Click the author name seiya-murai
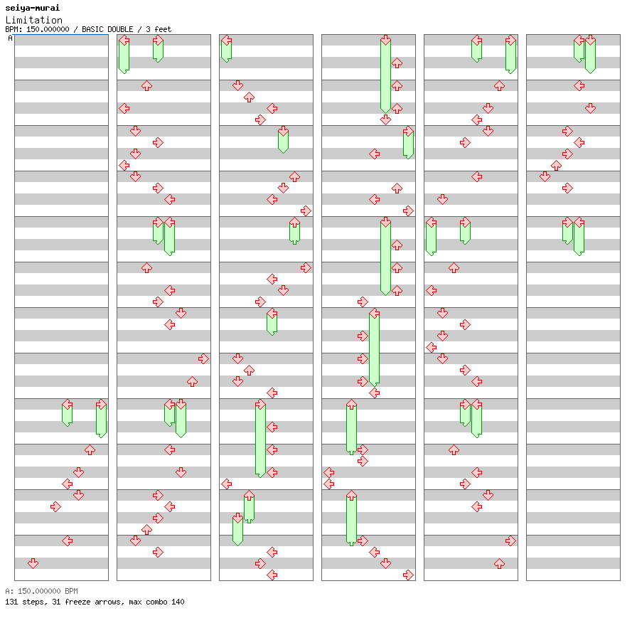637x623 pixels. tap(32, 8)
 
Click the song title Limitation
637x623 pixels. tap(33, 20)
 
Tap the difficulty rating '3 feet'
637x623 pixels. tap(159, 30)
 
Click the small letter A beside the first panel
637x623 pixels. tap(10, 38)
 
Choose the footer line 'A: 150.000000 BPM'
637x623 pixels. tap(41, 591)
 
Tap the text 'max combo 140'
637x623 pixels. tap(157, 602)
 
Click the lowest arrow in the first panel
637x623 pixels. tap(33, 563)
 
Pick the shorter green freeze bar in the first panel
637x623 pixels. tap(67, 413)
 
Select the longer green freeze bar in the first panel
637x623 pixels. tap(101, 419)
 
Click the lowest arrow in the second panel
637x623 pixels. tap(158, 552)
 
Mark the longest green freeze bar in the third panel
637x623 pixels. tap(260, 438)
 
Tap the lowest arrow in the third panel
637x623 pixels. tap(272, 575)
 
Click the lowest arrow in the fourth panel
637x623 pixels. tap(408, 575)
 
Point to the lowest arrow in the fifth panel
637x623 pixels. tap(499, 563)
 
